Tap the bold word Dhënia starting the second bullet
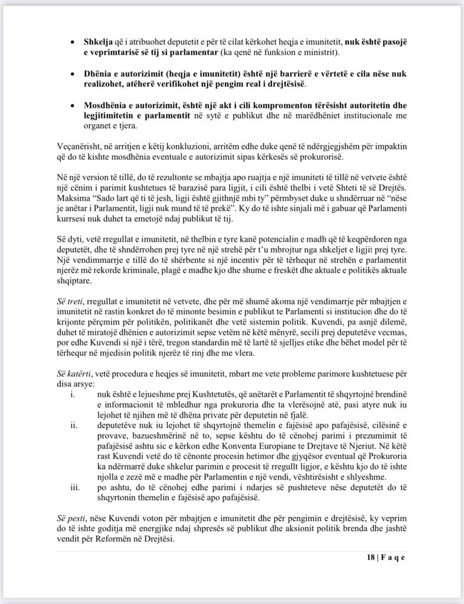pyautogui.click(x=99, y=74)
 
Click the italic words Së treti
pyautogui.click(x=70, y=301)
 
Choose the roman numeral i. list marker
pyautogui.click(x=73, y=395)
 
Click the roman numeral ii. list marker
pyautogui.click(x=73, y=425)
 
